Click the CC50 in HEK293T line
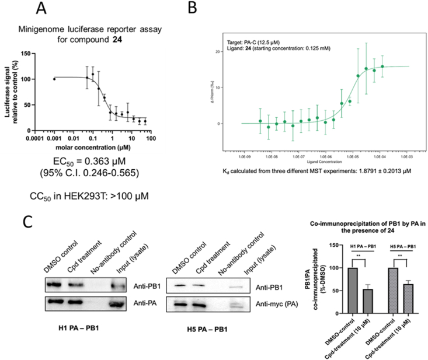96,189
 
